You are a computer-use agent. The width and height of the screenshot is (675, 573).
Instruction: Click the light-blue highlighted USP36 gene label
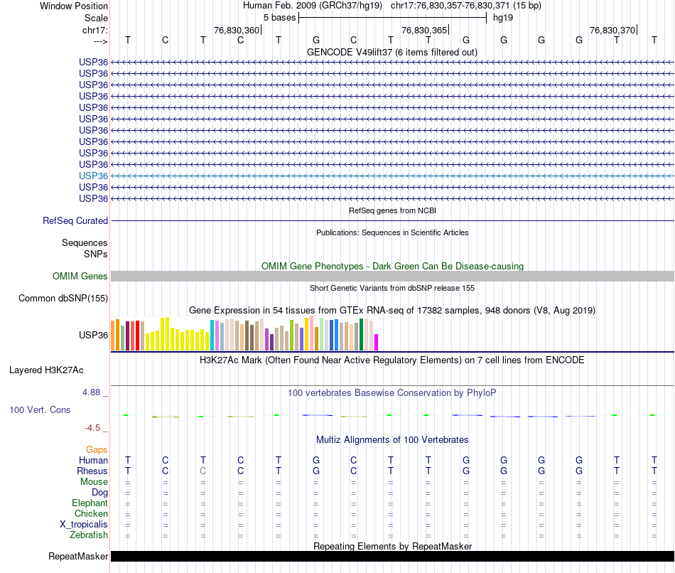click(x=94, y=176)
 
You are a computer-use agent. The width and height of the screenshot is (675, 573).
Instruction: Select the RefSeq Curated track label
click(x=75, y=221)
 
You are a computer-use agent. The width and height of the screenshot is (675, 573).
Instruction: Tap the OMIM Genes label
click(x=80, y=277)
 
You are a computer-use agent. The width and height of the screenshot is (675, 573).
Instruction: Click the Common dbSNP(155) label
click(x=63, y=299)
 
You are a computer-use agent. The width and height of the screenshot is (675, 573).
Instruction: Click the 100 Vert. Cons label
click(x=40, y=410)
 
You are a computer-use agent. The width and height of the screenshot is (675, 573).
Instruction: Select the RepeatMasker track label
click(x=78, y=556)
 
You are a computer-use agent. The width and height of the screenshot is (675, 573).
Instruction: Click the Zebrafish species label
click(x=90, y=535)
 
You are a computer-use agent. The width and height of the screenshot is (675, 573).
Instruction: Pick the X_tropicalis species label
click(x=85, y=525)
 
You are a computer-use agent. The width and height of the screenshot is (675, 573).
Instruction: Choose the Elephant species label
click(x=90, y=503)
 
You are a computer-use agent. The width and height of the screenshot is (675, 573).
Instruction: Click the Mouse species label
click(x=94, y=482)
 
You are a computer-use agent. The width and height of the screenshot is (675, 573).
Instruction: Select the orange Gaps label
click(x=97, y=450)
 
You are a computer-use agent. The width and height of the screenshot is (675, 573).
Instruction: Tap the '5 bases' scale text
click(x=280, y=18)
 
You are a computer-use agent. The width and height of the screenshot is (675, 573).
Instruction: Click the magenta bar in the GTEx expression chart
click(x=377, y=342)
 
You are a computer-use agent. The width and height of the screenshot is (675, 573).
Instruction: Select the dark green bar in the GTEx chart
click(x=362, y=334)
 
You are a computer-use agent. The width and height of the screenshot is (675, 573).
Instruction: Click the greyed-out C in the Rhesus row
click(x=203, y=471)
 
